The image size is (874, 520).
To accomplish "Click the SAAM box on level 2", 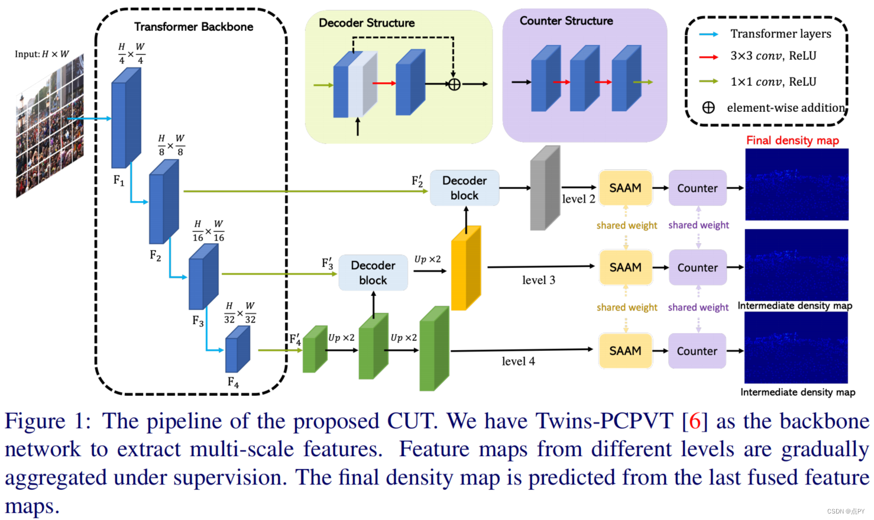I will [625, 188].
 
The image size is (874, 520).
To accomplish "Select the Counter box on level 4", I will [697, 351].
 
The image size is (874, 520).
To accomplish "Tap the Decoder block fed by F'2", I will [464, 188].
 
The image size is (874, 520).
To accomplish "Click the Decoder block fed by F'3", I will [373, 273].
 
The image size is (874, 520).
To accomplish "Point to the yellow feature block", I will [466, 269].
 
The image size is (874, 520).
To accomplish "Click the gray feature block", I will [545, 188].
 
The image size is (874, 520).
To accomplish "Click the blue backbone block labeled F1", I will [126, 118].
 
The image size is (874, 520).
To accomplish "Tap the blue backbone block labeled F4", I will [238, 350].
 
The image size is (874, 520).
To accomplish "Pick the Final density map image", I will [797, 185].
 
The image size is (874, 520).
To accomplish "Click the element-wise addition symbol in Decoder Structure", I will [454, 84].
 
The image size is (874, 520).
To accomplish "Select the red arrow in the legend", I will [708, 57].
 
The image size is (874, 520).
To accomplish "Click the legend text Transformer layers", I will [781, 34].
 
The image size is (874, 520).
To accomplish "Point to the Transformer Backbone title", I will [193, 27].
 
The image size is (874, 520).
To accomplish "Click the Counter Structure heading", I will [566, 21].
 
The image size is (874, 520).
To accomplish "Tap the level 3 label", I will [538, 280].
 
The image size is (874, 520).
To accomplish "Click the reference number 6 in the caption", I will [695, 421].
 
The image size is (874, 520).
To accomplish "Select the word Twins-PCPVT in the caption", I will [604, 421].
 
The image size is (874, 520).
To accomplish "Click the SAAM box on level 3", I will [625, 267].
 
